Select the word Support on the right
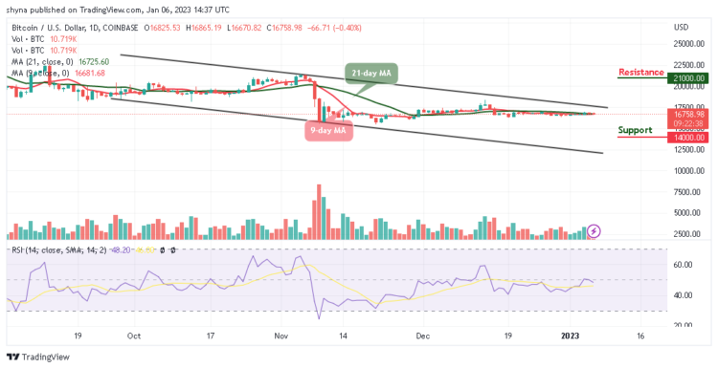click(x=636, y=130)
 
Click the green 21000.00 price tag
click(x=688, y=78)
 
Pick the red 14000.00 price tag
click(x=688, y=138)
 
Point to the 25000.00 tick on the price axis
click(x=688, y=44)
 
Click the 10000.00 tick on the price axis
click(x=688, y=171)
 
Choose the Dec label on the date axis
click(x=425, y=336)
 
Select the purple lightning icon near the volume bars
click(x=594, y=230)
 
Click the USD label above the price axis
click(x=682, y=27)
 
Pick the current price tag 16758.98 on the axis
click(x=688, y=114)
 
